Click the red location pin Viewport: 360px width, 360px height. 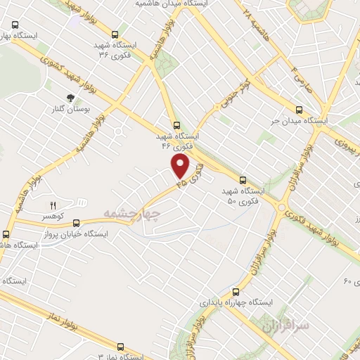coord(181,166)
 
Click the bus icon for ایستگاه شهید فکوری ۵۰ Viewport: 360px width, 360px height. coord(243,180)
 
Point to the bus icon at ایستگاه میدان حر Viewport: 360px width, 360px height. coord(300,110)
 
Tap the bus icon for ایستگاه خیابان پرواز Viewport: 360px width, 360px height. coord(76,222)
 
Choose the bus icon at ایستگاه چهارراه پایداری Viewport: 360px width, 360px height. coord(235,291)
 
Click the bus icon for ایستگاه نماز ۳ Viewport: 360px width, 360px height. coord(120,347)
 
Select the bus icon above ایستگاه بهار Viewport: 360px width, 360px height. coord(15,23)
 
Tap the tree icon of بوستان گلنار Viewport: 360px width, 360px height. coord(70,98)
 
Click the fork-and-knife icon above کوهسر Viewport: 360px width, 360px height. coord(52,205)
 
